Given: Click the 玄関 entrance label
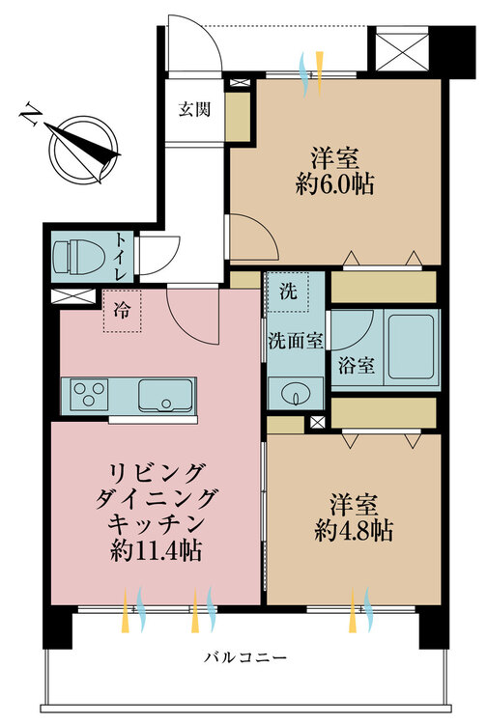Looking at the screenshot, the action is point(194,109).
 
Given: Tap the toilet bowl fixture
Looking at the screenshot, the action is point(78,257).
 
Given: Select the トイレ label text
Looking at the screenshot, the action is point(121,257).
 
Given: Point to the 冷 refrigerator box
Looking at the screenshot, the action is point(122,311).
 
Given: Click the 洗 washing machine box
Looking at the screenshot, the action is point(288,292).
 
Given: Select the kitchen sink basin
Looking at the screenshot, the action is point(165,395).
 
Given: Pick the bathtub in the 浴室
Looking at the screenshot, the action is point(411,348).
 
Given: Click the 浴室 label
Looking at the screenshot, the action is point(356,366).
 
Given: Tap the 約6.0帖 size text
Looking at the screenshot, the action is point(335,184).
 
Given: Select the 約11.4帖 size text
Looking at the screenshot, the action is point(156,550).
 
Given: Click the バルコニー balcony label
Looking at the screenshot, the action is point(245,656).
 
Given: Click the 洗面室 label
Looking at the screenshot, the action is point(296,341).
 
